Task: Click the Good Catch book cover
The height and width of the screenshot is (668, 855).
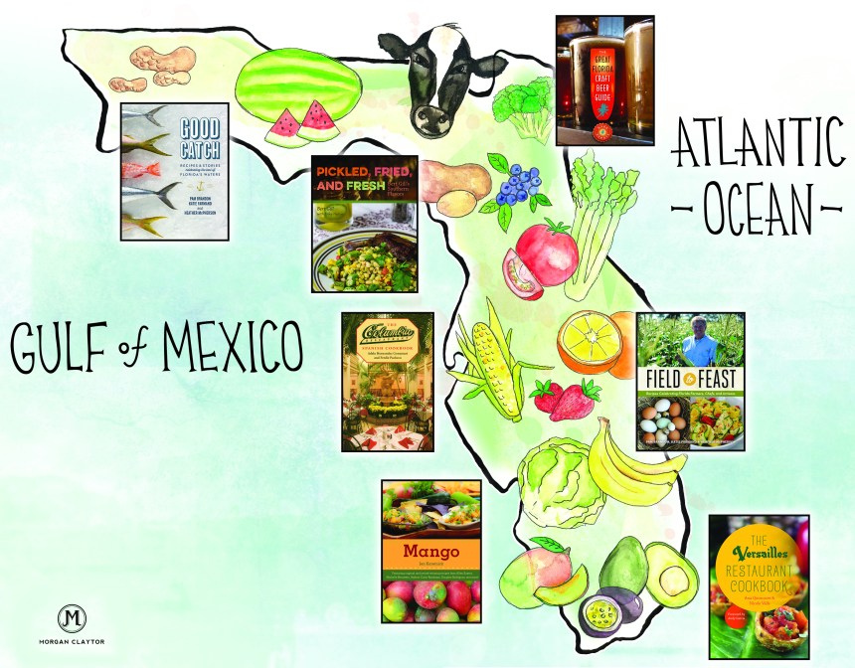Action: [x=175, y=171]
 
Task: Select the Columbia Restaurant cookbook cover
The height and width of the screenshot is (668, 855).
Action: [x=387, y=382]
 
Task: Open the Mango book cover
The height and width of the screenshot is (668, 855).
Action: [x=431, y=552]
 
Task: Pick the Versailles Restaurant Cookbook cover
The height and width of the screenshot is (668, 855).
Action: [x=758, y=586]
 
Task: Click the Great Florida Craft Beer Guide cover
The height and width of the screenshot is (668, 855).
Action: [x=603, y=81]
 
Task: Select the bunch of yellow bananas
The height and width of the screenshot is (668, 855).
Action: [x=628, y=465]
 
